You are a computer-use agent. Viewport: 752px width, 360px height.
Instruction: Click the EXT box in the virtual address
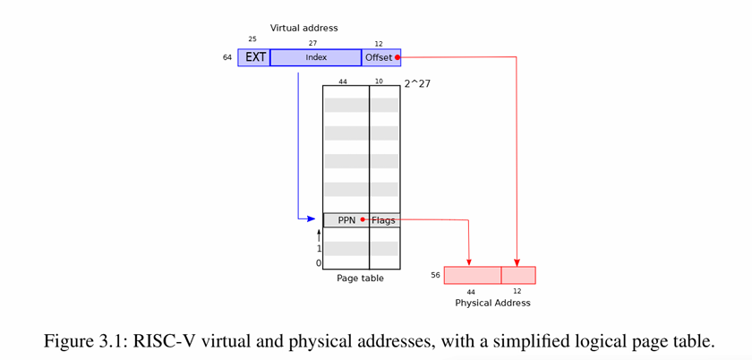(x=254, y=57)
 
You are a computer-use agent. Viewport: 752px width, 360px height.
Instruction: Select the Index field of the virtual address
(x=315, y=57)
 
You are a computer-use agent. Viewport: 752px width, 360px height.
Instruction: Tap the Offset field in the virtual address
(x=378, y=57)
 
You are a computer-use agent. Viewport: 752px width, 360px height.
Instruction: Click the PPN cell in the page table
(x=346, y=220)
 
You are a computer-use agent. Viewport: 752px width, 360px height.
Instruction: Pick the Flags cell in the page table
(x=384, y=220)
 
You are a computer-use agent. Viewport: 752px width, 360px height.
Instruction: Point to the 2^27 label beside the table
(x=417, y=83)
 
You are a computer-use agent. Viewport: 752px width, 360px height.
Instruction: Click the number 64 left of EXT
(x=227, y=57)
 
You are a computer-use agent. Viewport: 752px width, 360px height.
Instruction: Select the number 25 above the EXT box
(x=252, y=39)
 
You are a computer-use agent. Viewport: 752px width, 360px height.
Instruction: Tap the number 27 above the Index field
(x=312, y=43)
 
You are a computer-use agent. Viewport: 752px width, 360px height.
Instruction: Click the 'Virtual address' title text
(x=304, y=28)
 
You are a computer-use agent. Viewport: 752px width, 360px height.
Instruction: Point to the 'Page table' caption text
(x=360, y=279)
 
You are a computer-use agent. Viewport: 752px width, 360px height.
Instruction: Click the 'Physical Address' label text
(x=492, y=303)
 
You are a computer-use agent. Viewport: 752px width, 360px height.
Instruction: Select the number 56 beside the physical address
(x=435, y=275)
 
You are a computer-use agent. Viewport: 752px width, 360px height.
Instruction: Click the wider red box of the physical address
(x=473, y=275)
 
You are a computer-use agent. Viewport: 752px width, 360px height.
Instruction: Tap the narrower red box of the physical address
(x=518, y=275)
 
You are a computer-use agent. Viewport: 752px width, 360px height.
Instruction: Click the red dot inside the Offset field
(x=397, y=57)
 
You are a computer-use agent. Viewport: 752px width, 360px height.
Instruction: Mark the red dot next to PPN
(x=363, y=219)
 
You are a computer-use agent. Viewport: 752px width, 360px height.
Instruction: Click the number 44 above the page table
(x=343, y=81)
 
